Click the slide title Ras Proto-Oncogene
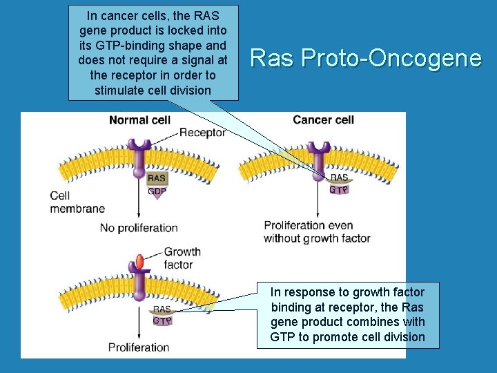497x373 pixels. click(x=365, y=58)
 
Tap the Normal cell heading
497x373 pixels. click(x=139, y=120)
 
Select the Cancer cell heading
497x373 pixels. click(x=323, y=120)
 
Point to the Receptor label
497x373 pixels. click(x=202, y=133)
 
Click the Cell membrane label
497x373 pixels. click(x=77, y=202)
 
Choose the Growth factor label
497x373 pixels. click(x=182, y=258)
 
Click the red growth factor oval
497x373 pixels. click(x=139, y=262)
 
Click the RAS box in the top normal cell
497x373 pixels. click(x=157, y=178)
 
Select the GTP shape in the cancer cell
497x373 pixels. click(x=338, y=189)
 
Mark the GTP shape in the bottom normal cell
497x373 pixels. click(x=162, y=321)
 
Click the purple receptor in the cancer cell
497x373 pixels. click(x=318, y=156)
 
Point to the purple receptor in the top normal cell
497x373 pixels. click(x=137, y=155)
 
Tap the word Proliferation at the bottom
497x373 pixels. click(x=138, y=347)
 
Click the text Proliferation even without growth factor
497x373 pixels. click(x=317, y=231)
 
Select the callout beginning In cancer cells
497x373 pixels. click(x=153, y=52)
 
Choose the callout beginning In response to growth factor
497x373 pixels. click(x=348, y=314)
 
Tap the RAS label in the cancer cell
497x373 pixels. click(x=339, y=178)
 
